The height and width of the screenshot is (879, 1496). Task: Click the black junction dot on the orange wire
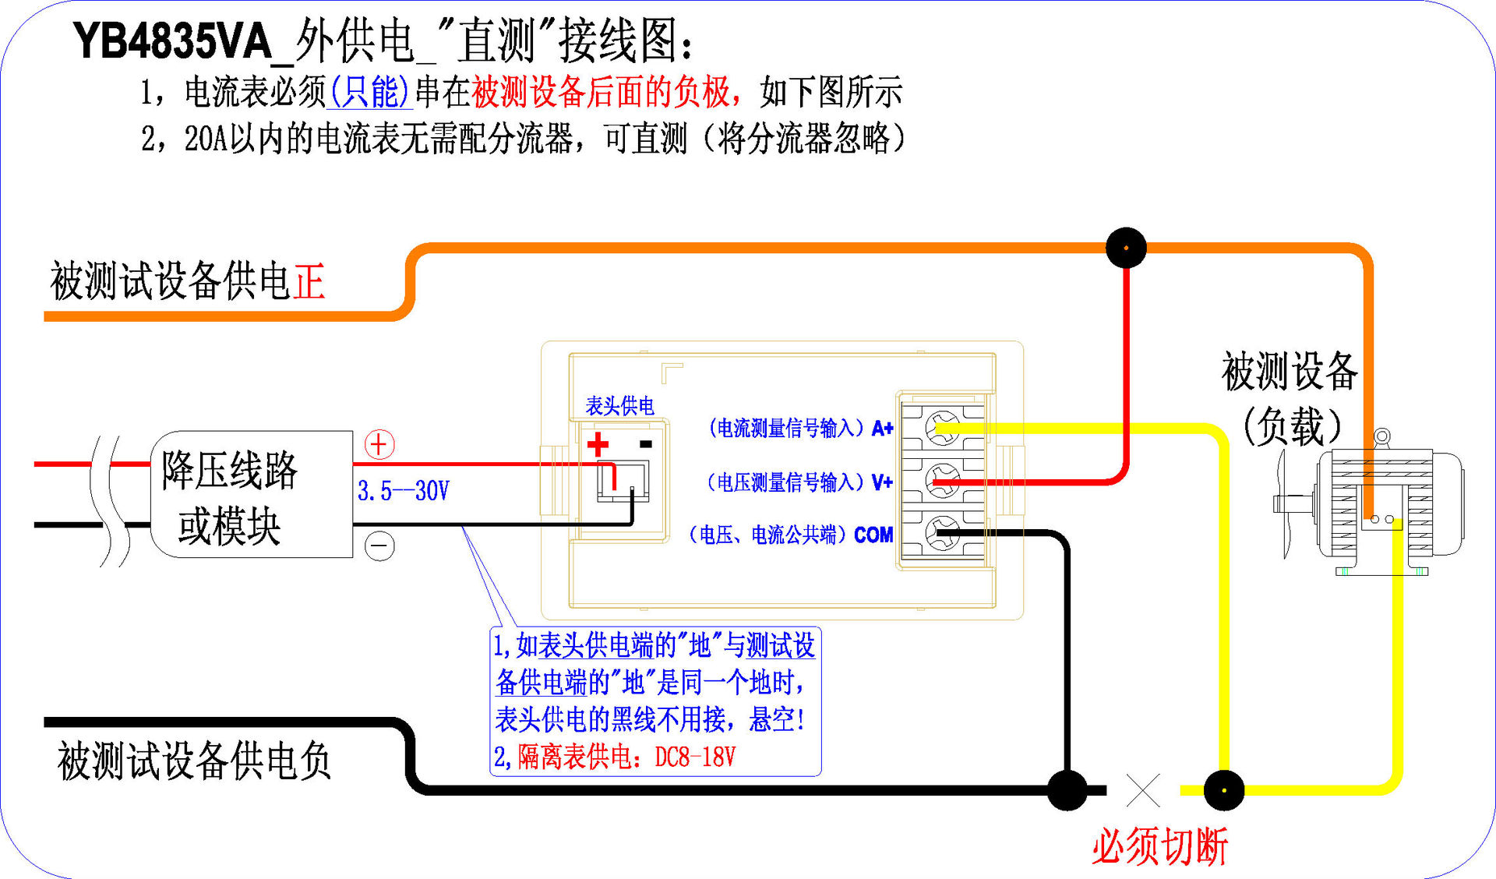pos(1126,248)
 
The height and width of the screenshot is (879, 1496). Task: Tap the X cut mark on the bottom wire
pos(1143,790)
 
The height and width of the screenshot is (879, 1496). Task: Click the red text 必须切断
pos(1159,846)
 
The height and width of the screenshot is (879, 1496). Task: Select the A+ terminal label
pos(882,428)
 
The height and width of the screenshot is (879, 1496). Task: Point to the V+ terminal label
pos(882,482)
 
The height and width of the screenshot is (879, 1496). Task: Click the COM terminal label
pos(873,535)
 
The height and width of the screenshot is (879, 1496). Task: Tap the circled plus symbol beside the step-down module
pos(379,444)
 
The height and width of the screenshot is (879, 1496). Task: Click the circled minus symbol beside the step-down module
pos(379,545)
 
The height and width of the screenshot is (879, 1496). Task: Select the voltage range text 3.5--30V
pos(403,491)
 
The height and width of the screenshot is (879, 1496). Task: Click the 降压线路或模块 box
pos(251,494)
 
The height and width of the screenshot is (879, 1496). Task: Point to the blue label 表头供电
pos(619,405)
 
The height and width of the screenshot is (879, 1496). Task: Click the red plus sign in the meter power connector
pos(598,444)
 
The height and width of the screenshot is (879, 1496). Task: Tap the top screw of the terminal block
pos(942,427)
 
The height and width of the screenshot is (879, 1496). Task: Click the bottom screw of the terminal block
pos(942,534)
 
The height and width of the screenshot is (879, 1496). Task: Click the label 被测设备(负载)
pos(1290,397)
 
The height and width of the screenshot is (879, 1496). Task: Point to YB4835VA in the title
pos(172,41)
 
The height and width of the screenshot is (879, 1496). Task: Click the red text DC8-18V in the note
pos(695,757)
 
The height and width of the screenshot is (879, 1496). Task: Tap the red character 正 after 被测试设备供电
pos(309,281)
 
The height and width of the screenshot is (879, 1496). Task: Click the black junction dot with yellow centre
pos(1224,790)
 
